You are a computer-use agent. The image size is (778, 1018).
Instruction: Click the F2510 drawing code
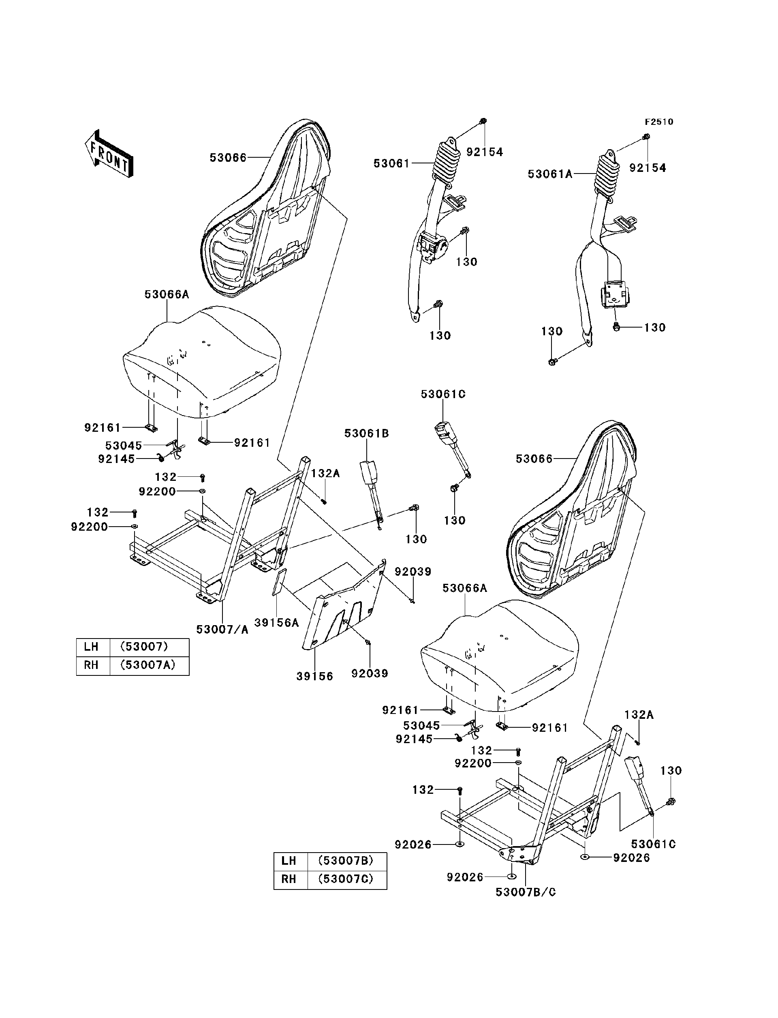[x=659, y=122]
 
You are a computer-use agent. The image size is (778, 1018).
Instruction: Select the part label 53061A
[x=550, y=174]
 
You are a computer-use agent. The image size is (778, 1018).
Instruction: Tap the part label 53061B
[x=366, y=433]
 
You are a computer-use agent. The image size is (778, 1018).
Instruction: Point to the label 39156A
[x=276, y=623]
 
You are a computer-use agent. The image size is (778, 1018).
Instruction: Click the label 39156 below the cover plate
[x=314, y=676]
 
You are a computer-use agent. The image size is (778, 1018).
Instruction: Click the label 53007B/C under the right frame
[x=526, y=892]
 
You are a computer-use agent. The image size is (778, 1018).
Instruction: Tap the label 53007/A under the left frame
[x=222, y=629]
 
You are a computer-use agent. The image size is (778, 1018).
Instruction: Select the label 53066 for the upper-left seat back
[x=228, y=158]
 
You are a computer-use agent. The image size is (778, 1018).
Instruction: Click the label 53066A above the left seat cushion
[x=167, y=294]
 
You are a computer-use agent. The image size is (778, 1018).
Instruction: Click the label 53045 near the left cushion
[x=123, y=445]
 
